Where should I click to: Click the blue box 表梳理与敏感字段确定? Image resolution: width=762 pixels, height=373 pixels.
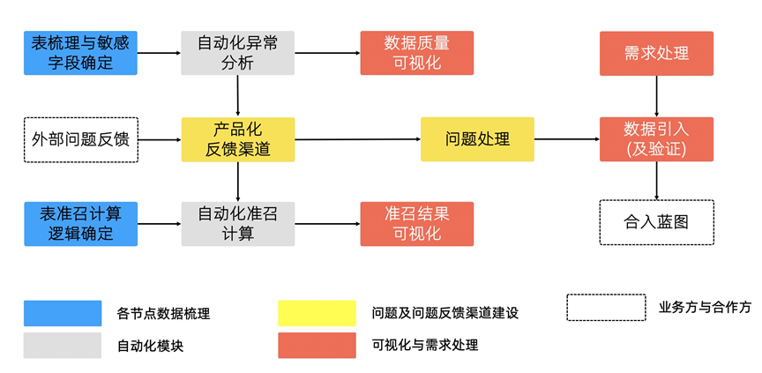click(x=80, y=53)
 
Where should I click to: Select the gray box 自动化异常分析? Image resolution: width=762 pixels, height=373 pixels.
click(x=237, y=53)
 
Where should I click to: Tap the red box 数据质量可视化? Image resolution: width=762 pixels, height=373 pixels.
click(x=416, y=53)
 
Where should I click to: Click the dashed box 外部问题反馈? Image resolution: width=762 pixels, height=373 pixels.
click(x=80, y=139)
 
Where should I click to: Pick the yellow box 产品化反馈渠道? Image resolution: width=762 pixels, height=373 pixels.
click(x=237, y=139)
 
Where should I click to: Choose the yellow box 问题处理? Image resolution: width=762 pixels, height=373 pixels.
click(x=477, y=139)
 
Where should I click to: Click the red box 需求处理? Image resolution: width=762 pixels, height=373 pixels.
click(x=656, y=53)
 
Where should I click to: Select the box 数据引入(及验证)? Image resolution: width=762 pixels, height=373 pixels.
click(x=656, y=139)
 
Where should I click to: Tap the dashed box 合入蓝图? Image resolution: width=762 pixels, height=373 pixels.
click(x=656, y=222)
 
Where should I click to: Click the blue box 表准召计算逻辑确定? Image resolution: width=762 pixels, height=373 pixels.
click(x=80, y=224)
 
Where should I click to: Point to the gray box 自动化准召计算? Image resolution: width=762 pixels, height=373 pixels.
click(x=237, y=224)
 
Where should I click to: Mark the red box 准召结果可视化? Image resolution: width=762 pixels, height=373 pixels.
click(x=416, y=224)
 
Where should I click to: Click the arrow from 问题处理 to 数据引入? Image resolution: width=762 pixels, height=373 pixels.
click(x=566, y=139)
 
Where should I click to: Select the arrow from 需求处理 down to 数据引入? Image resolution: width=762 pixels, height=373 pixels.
click(x=656, y=95)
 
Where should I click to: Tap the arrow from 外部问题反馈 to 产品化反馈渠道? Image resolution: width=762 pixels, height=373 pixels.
click(x=160, y=139)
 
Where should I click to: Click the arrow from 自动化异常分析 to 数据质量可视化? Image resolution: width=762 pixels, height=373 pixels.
click(x=327, y=53)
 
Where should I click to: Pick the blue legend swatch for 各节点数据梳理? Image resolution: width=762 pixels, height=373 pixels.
click(x=63, y=313)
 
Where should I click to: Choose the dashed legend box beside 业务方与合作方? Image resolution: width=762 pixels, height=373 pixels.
click(x=606, y=307)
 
